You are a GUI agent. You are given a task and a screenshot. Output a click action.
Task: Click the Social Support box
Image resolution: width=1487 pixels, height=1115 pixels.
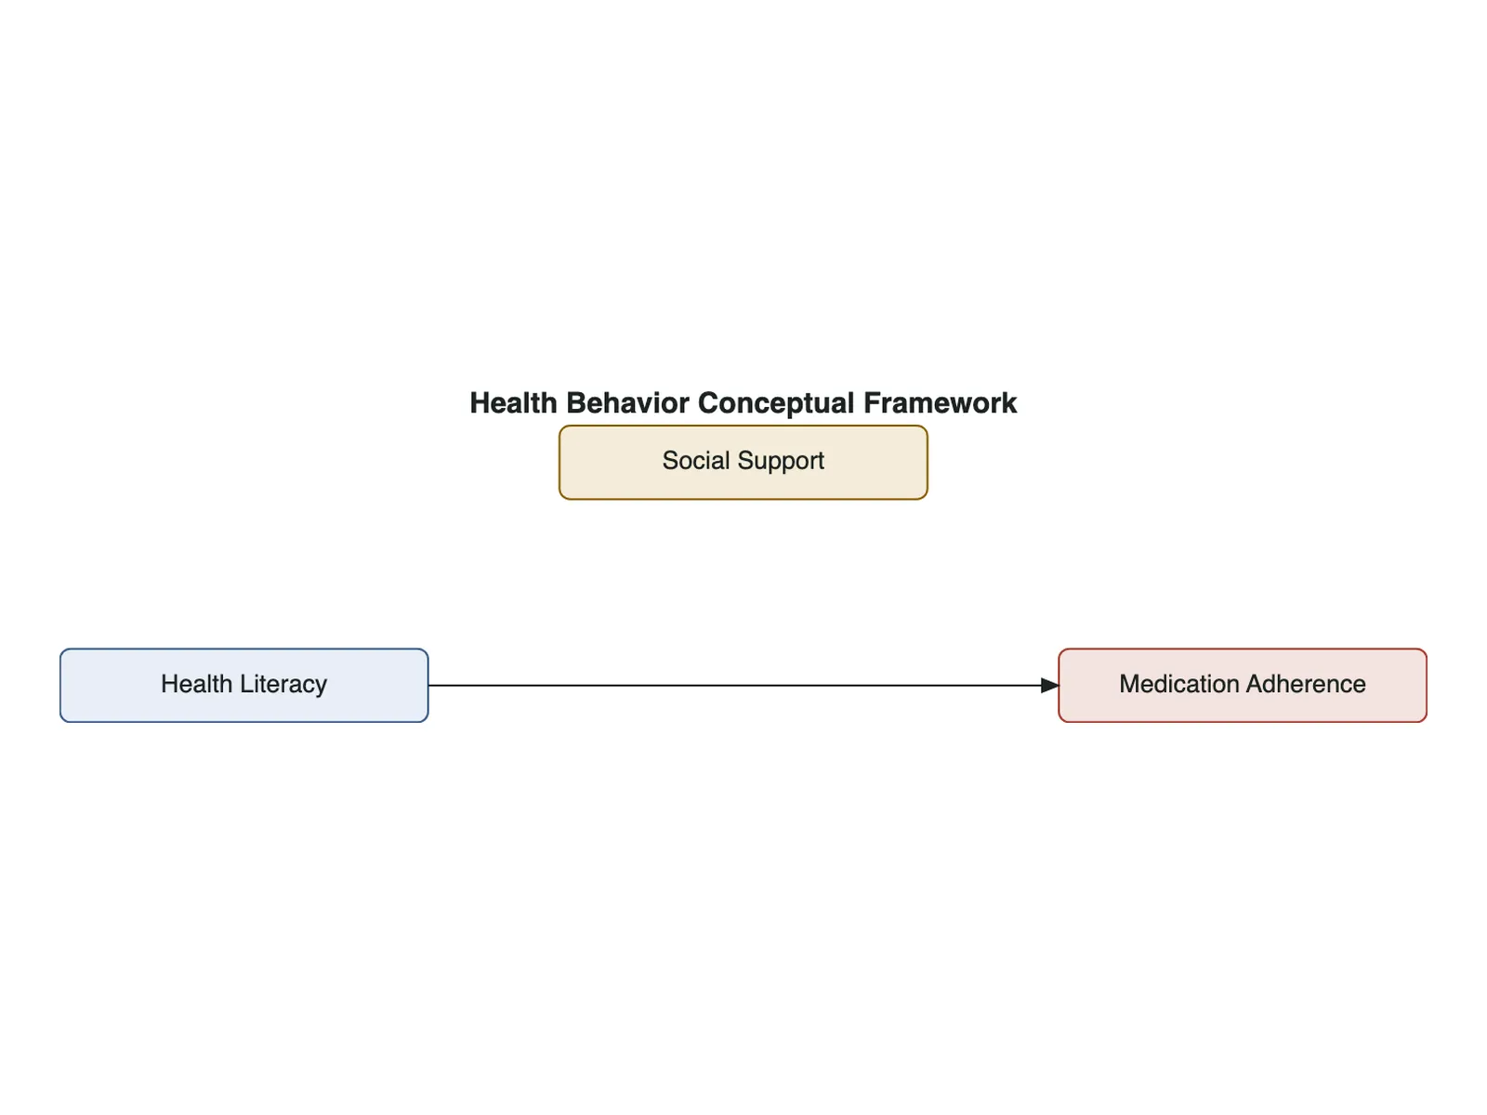[743, 463]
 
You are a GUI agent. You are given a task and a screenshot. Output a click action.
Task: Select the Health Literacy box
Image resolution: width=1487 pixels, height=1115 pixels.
[243, 685]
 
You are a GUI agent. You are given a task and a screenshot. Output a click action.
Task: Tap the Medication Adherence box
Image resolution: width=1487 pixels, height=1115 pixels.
[1243, 685]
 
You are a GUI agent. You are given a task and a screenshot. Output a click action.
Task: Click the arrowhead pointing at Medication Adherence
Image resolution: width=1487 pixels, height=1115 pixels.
[1049, 685]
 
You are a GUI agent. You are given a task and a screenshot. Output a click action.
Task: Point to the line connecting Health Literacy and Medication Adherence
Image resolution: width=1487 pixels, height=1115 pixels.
[743, 685]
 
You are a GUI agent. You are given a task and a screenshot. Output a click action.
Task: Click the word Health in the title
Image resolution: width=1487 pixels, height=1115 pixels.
[513, 403]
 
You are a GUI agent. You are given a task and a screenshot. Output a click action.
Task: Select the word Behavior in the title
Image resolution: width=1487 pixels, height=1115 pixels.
[627, 403]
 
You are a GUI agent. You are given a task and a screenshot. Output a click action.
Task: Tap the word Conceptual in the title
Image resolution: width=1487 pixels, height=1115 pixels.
[776, 404]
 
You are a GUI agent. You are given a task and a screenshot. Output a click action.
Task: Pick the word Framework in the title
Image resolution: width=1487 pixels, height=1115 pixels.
[940, 403]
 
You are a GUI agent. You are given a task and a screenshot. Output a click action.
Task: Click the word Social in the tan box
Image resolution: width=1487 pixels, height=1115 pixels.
[696, 460]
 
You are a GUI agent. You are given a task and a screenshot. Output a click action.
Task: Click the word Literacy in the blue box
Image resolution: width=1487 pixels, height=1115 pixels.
[283, 685]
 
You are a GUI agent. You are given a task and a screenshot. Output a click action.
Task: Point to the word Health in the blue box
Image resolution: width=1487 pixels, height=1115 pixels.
[196, 684]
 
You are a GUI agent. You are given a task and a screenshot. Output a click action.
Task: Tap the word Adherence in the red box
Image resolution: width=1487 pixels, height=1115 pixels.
[1306, 684]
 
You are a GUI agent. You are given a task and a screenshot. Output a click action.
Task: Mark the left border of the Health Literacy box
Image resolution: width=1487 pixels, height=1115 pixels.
[60, 685]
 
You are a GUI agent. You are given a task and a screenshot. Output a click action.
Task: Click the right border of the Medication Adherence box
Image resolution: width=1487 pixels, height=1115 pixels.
[1427, 685]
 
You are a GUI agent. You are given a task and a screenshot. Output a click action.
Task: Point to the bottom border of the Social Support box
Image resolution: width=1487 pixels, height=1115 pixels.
[743, 500]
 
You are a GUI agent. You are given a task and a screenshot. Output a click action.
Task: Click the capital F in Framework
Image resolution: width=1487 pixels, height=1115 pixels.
[871, 403]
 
